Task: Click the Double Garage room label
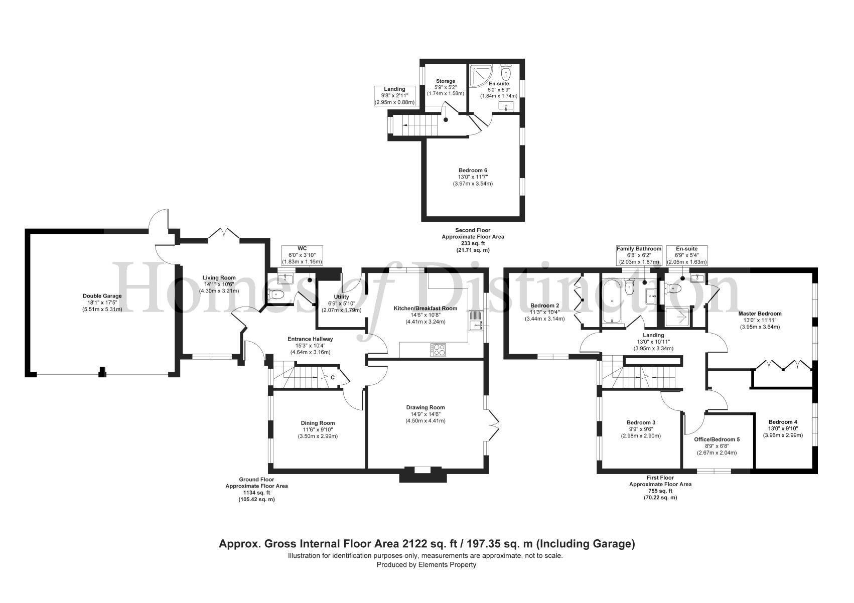(102, 296)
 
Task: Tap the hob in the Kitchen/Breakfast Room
(438, 350)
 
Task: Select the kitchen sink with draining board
(475, 320)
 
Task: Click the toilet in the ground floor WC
(276, 294)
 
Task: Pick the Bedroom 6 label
(473, 171)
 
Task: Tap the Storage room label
(445, 81)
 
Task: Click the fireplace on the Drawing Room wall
(422, 474)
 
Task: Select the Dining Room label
(318, 423)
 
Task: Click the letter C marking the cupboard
(333, 378)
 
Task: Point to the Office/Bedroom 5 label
(717, 439)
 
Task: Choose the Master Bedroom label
(760, 314)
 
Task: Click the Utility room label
(341, 297)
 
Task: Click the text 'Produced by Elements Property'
(426, 565)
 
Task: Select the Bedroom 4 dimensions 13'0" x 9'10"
(783, 428)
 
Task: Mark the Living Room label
(219, 278)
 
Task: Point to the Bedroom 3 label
(641, 423)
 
